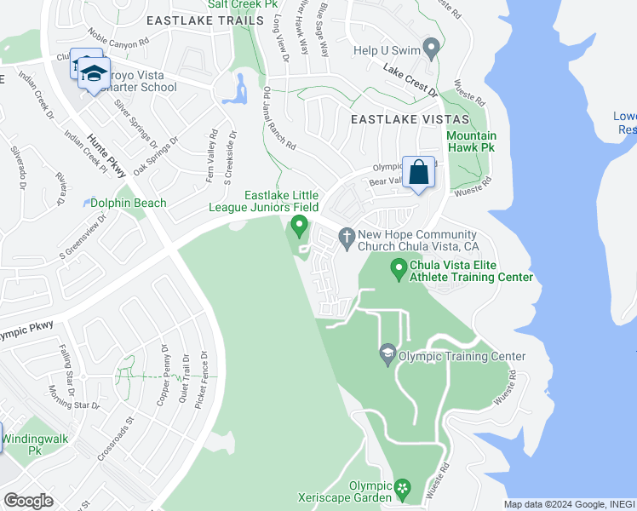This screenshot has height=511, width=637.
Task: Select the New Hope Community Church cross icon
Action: pos(347,236)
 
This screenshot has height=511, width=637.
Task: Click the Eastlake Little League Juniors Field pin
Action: pos(298,226)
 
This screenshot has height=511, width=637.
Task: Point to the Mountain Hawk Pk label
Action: pos(472,141)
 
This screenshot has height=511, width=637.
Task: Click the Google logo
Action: pos(28,500)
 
